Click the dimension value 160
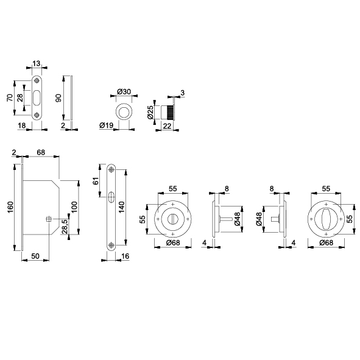point(10,206)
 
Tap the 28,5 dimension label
point(65,227)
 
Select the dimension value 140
point(121,207)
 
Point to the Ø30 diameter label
point(124,92)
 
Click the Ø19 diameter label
point(107,125)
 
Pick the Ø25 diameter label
point(150,112)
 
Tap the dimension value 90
point(58,98)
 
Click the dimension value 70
point(10,97)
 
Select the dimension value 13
point(36,63)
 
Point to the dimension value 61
point(96,181)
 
